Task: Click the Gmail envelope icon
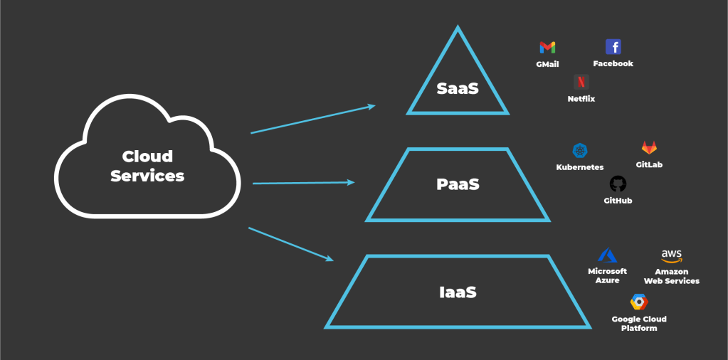pyautogui.click(x=547, y=48)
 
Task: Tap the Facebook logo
pyautogui.click(x=613, y=47)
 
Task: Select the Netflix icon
pyautogui.click(x=581, y=82)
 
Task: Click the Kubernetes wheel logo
pyautogui.click(x=580, y=151)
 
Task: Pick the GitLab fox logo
pyautogui.click(x=649, y=148)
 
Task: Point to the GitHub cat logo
pyautogui.click(x=618, y=184)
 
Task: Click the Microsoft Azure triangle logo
pyautogui.click(x=607, y=255)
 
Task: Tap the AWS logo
pyautogui.click(x=671, y=255)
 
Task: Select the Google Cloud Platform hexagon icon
pyautogui.click(x=639, y=302)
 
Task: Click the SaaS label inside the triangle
pyautogui.click(x=458, y=89)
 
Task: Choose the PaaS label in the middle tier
pyautogui.click(x=458, y=184)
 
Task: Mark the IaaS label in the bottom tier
pyautogui.click(x=458, y=292)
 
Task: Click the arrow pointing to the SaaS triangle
pyautogui.click(x=313, y=120)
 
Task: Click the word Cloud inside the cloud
pyautogui.click(x=147, y=157)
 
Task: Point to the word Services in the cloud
pyautogui.click(x=147, y=176)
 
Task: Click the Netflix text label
pyautogui.click(x=581, y=99)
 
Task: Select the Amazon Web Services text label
pyautogui.click(x=671, y=276)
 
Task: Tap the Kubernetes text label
pyautogui.click(x=580, y=167)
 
